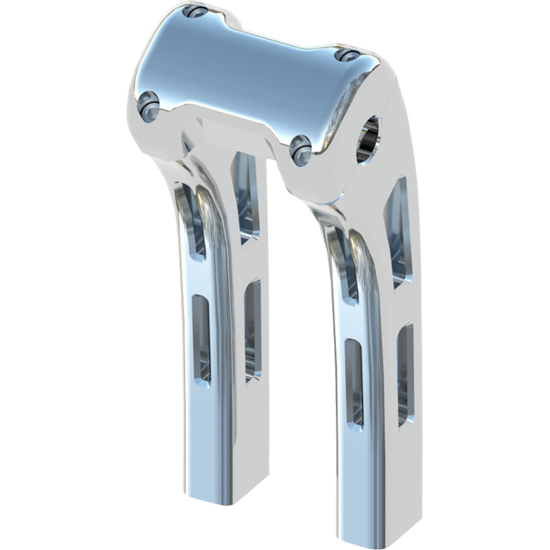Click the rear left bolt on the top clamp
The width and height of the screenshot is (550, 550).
197,12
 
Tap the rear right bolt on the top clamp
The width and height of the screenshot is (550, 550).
347,55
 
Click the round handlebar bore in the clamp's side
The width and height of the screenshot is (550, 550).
368,140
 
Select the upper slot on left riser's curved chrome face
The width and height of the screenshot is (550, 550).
192,220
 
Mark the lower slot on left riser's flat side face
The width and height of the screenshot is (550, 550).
253,330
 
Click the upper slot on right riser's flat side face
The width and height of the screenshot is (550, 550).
399,230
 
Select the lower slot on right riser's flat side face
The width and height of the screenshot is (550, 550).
406,375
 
